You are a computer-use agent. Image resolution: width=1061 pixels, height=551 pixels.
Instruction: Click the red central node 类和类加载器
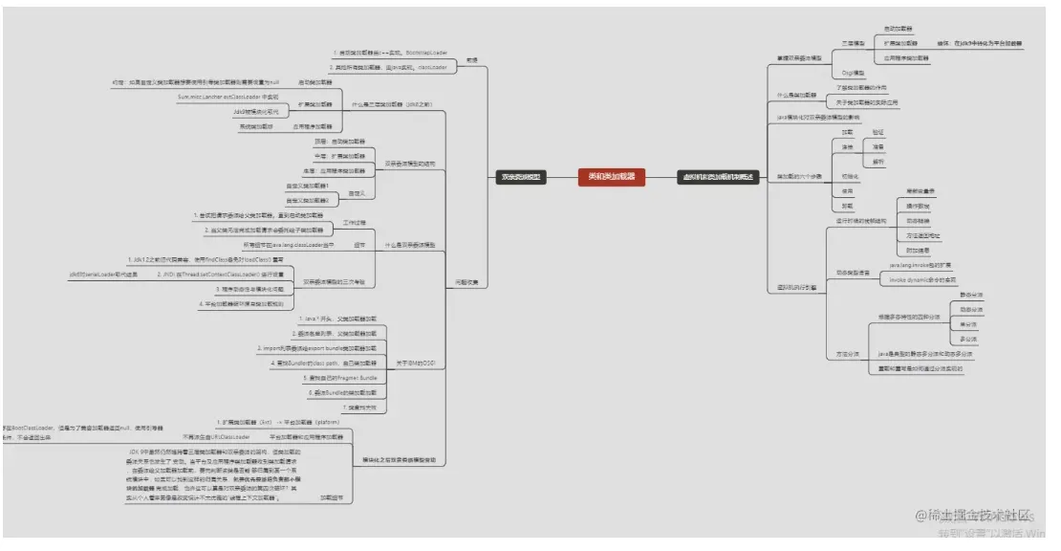point(612,176)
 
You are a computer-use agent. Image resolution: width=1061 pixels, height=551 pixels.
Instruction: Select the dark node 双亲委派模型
point(522,176)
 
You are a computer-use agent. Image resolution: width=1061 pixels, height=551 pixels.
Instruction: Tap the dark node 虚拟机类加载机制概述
point(717,176)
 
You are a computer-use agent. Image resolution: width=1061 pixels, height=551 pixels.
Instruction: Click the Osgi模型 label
point(854,73)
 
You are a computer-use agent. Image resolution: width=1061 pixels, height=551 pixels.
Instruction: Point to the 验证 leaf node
point(878,132)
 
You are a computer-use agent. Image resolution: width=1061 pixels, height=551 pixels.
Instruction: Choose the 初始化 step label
point(850,176)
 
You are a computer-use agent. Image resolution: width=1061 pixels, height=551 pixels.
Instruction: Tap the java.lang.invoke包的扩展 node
point(920,264)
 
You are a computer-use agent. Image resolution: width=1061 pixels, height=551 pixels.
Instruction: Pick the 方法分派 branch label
point(848,354)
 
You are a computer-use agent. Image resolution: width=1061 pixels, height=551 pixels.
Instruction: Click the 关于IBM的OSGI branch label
point(416,363)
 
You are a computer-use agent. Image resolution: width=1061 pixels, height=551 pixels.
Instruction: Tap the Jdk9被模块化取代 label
point(255,111)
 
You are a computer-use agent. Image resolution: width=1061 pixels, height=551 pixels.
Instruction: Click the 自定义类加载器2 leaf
point(308,200)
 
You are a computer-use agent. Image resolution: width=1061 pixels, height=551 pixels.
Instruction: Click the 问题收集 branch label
point(466,281)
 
